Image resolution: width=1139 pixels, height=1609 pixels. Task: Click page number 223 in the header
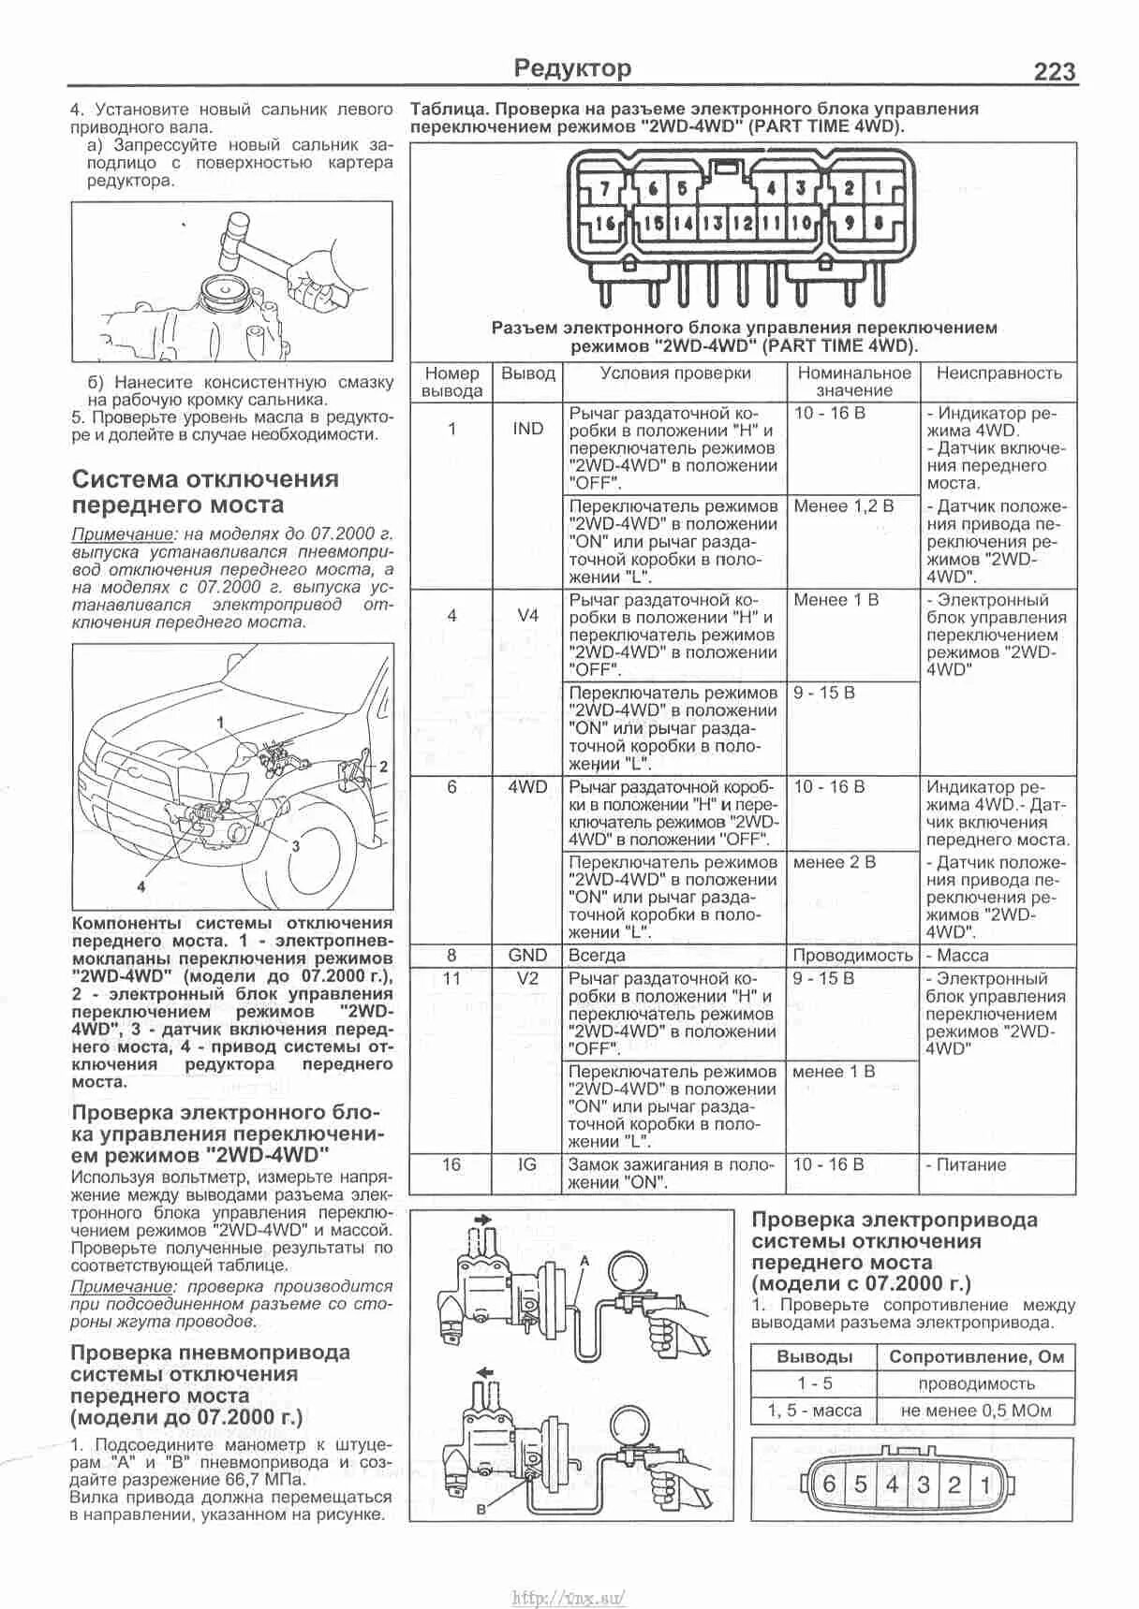1054,71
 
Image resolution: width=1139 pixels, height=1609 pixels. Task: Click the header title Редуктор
573,68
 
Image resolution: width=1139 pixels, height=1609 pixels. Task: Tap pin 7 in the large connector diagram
605,188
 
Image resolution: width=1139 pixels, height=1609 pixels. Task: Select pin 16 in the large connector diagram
605,224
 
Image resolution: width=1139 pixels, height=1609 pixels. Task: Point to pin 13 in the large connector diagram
712,224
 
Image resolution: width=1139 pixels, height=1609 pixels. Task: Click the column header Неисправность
998,373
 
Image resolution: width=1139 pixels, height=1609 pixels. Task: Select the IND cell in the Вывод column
527,429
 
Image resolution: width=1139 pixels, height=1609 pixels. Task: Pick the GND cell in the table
527,956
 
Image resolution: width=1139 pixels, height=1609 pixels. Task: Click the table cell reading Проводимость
852,956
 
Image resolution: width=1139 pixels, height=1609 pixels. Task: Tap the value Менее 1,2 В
843,506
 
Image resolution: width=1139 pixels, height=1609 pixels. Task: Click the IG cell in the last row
527,1165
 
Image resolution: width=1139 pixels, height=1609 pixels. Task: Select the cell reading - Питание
967,1165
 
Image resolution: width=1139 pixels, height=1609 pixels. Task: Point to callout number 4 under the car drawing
141,885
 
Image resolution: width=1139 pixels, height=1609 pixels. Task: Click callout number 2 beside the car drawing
383,766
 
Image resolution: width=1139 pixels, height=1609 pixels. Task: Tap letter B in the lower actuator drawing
481,1510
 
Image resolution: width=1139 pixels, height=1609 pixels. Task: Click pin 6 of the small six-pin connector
829,1485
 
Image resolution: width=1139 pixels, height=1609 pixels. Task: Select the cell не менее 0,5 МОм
976,1411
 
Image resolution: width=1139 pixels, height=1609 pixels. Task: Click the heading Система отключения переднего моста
205,492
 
